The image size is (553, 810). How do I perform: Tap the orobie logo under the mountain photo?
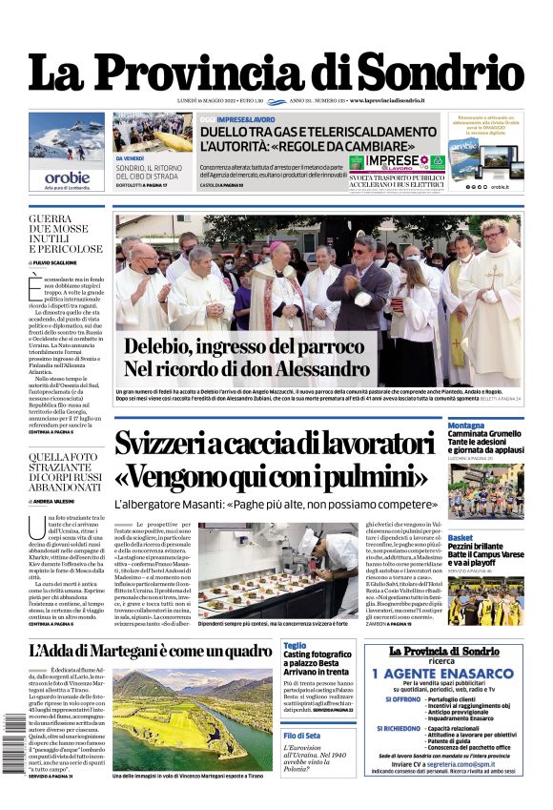pyautogui.click(x=67, y=177)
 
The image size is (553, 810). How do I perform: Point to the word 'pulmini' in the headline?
pyautogui.click(x=373, y=475)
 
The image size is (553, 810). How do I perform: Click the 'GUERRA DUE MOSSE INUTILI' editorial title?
pyautogui.click(x=64, y=234)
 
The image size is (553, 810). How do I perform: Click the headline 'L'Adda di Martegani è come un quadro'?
pyautogui.click(x=150, y=652)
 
